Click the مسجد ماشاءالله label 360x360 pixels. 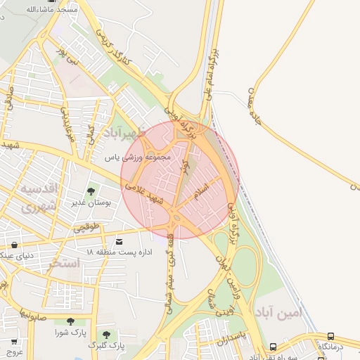coord(27,9)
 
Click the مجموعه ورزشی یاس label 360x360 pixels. coord(138,157)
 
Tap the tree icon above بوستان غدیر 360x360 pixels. coord(91,191)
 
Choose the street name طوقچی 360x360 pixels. coord(88,228)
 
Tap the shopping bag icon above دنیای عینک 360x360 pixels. coord(15,245)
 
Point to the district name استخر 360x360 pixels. coord(64,264)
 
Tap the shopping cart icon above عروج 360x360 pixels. coord(13,342)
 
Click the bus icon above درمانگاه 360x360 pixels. coord(330,336)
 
